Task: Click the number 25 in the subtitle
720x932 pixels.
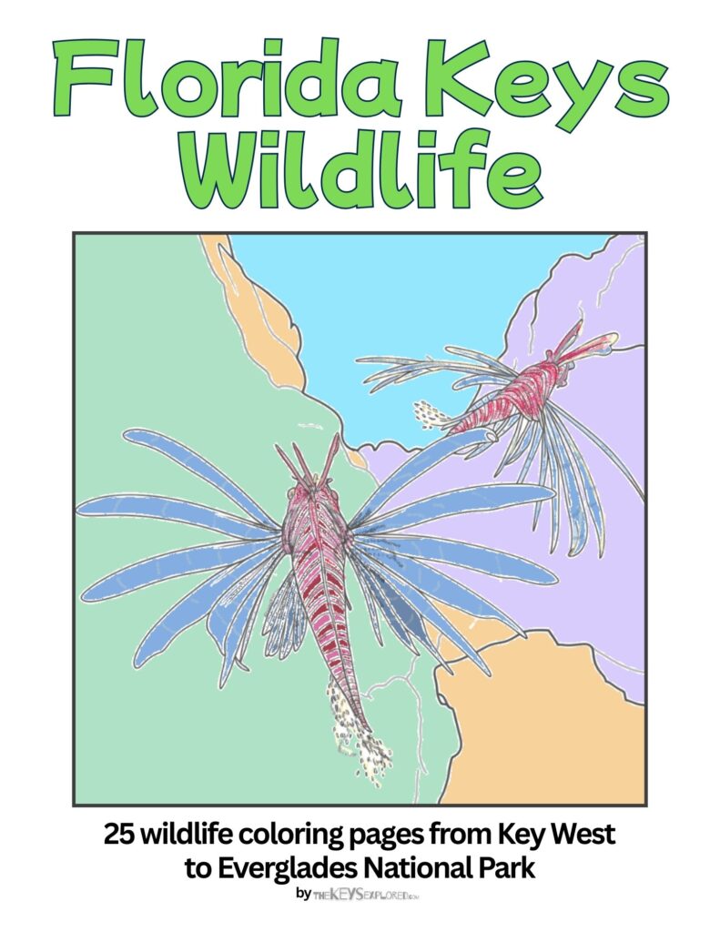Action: tap(118, 834)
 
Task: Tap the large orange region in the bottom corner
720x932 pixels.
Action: tap(546, 728)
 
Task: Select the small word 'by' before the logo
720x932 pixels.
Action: tap(303, 895)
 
